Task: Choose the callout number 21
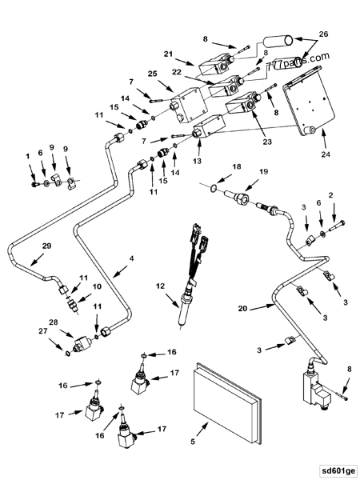tap(169, 54)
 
